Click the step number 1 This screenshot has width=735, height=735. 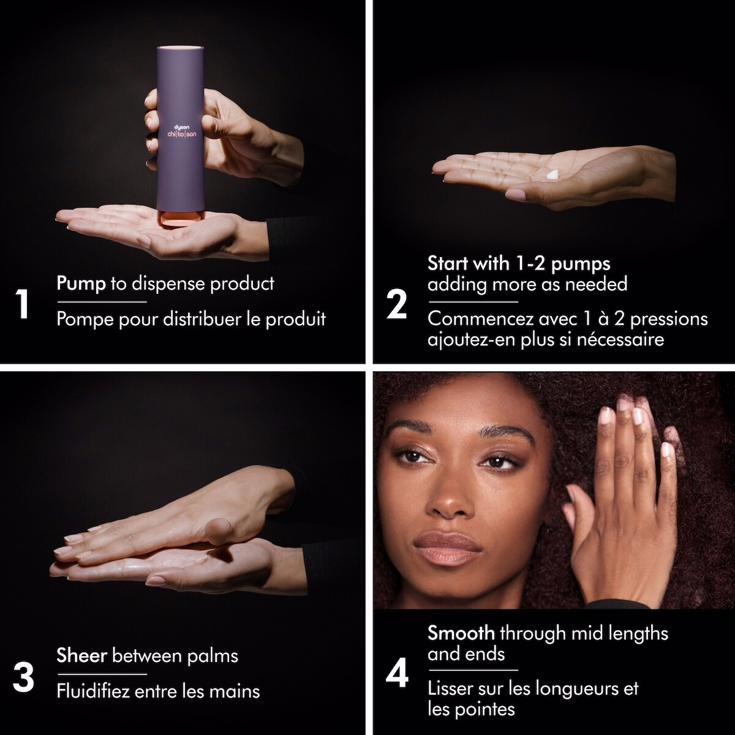click(x=23, y=304)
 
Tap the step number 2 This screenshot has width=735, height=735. click(x=397, y=304)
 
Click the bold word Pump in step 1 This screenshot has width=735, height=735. click(x=81, y=284)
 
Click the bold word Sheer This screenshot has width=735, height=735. click(x=81, y=655)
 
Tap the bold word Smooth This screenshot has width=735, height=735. click(x=461, y=633)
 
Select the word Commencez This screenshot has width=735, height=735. click(x=480, y=319)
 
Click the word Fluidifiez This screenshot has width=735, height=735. click(x=94, y=691)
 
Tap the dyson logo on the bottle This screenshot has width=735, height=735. click(x=182, y=127)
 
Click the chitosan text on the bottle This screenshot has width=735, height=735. click(x=182, y=134)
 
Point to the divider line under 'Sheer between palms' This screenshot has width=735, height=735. click(x=102, y=674)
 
